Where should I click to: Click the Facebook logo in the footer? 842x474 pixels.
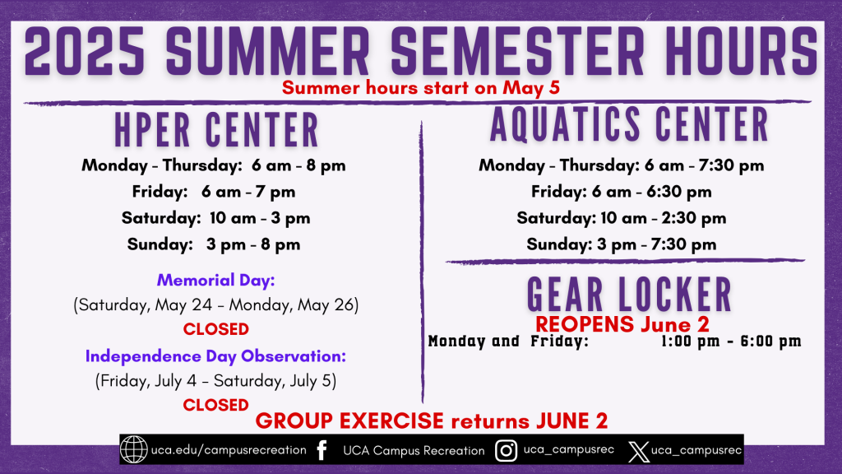322,450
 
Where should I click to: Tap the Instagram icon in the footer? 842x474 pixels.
506,450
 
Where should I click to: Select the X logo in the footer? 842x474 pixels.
638,452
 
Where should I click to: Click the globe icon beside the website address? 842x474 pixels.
133,449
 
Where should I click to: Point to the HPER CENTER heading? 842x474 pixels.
217,129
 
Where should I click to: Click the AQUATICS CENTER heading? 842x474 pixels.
629,124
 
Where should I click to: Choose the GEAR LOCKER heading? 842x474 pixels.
629,294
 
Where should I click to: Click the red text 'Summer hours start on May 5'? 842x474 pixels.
421,87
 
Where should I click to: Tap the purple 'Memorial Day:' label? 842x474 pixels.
216,280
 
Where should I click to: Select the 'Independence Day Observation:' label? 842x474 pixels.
216,355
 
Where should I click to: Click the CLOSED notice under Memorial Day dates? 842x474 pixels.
216,329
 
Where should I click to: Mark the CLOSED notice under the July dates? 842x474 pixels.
216,405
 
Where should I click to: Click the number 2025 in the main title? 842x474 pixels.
85,51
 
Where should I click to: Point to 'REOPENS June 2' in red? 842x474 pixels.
622,324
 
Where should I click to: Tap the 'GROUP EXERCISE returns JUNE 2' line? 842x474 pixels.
432,421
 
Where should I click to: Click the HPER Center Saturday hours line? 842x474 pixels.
216,217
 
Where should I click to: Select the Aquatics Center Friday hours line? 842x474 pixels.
622,191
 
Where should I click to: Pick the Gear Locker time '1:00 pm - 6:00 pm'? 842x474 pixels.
731,341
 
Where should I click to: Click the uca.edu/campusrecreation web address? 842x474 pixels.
229,450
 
